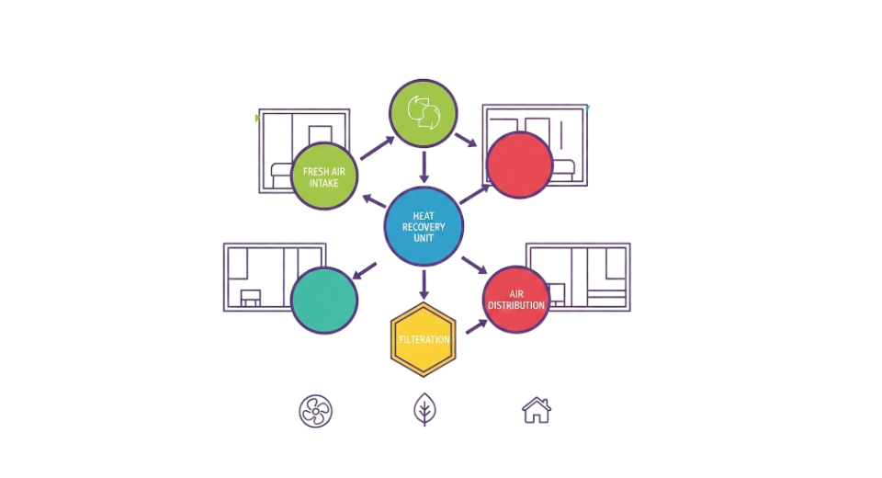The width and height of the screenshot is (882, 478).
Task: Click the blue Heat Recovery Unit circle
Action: point(424,226)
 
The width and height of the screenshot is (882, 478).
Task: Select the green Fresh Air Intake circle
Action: point(324,176)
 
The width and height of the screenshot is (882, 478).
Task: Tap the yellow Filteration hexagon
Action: point(424,339)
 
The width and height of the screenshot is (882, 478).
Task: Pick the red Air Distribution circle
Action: point(516,300)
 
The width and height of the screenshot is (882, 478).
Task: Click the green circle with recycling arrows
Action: point(424,113)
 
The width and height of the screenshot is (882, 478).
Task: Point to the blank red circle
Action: point(519,165)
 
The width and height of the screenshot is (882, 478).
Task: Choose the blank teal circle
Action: point(324,300)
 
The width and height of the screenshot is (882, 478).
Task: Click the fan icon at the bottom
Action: point(315,411)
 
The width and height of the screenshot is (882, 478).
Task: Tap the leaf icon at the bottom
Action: point(424,409)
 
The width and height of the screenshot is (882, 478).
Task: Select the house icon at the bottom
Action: point(537,410)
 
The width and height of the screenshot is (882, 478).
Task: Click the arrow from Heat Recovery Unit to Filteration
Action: point(424,284)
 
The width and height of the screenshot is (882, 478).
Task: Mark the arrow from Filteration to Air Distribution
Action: point(477,326)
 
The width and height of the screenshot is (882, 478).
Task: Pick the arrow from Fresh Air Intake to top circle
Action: point(378,148)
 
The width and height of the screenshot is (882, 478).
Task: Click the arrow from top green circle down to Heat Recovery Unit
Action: point(424,167)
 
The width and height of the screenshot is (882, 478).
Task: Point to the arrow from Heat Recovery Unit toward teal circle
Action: point(365,270)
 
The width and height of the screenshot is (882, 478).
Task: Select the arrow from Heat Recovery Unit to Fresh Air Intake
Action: point(374,201)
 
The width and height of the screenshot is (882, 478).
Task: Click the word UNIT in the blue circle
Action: point(424,238)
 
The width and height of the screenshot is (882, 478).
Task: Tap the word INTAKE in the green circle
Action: point(324,183)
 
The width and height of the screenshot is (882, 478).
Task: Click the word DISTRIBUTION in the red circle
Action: point(516,305)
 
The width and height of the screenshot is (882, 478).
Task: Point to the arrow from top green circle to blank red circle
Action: point(466,141)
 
